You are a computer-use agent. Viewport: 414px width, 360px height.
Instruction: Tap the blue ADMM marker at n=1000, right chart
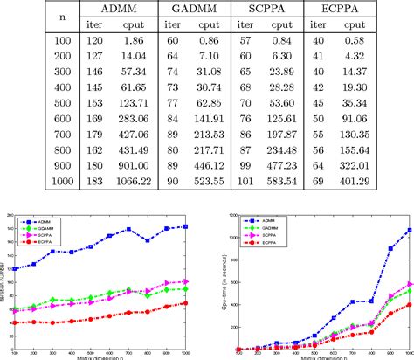click(x=409, y=231)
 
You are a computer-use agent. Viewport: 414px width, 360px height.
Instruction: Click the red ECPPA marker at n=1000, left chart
click(x=185, y=303)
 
